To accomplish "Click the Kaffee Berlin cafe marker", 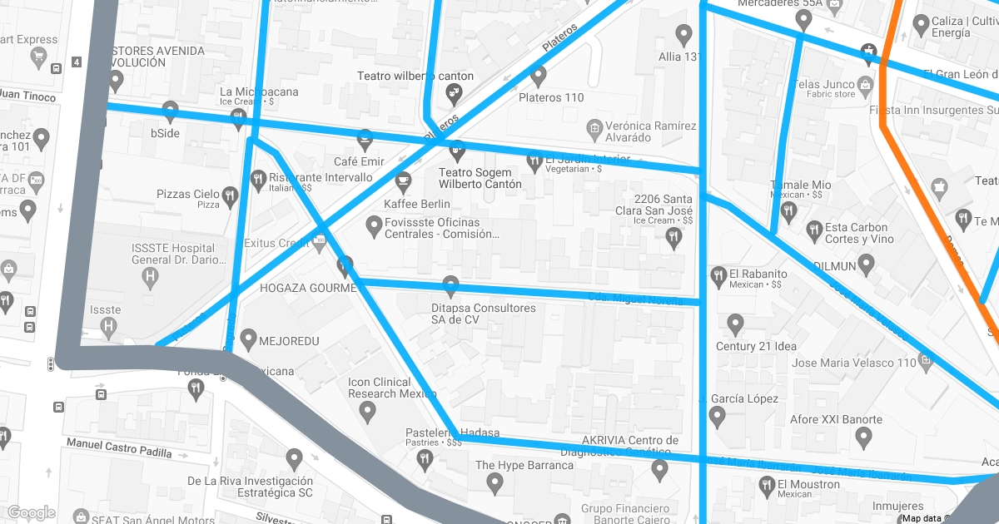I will point(403,180).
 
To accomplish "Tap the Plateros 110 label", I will point(551,97).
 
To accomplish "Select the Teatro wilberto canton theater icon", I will point(455,92).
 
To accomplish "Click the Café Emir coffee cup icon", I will point(365,138).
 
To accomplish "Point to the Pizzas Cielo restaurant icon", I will point(230,195).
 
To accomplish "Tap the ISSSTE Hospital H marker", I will point(150,275).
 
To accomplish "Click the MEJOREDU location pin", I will point(248,339).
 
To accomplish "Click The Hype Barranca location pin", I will point(495,482).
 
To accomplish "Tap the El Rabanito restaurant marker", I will point(718,274).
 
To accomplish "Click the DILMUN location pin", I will point(867,265).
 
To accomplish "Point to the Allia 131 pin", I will point(684,35).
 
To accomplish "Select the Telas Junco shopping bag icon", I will point(866,84).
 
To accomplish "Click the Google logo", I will point(32,512).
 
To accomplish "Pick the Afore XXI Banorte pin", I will point(863,435).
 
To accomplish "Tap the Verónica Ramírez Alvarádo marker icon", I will point(594,127).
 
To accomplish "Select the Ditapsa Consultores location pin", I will point(451,286).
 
